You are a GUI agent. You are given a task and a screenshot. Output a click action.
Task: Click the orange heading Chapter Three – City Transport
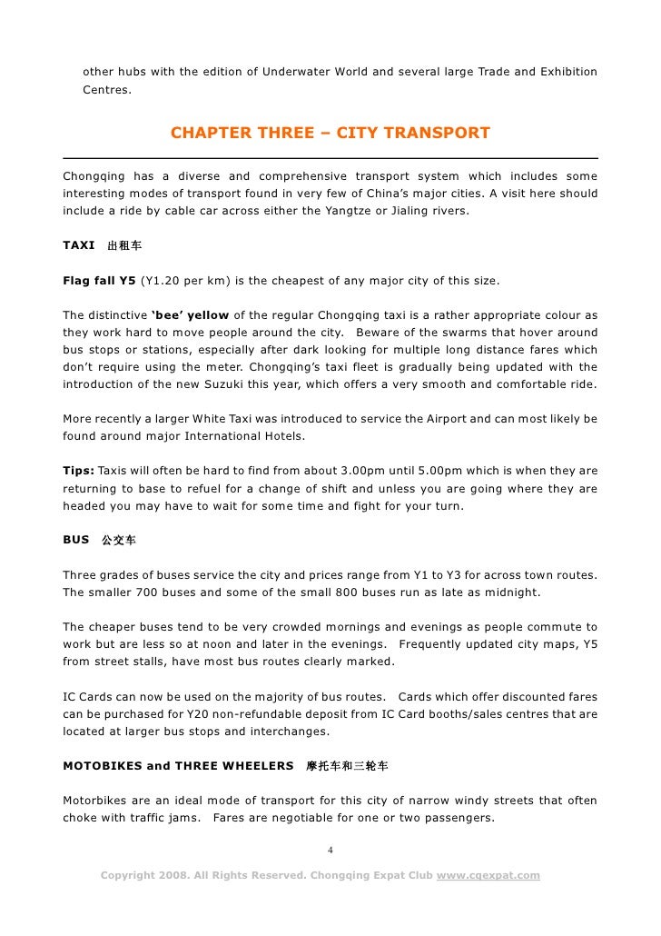coord(330,134)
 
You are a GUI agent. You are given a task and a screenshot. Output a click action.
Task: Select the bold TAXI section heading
coord(79,245)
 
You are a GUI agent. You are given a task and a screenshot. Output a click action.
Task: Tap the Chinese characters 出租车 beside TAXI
coord(124,246)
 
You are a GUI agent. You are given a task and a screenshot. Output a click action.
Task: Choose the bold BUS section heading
coord(75,540)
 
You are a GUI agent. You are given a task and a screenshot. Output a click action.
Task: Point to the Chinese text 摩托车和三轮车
coord(348,766)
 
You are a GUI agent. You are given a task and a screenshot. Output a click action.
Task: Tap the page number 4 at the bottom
coord(330,850)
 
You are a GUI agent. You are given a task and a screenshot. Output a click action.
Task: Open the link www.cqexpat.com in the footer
coord(488,875)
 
